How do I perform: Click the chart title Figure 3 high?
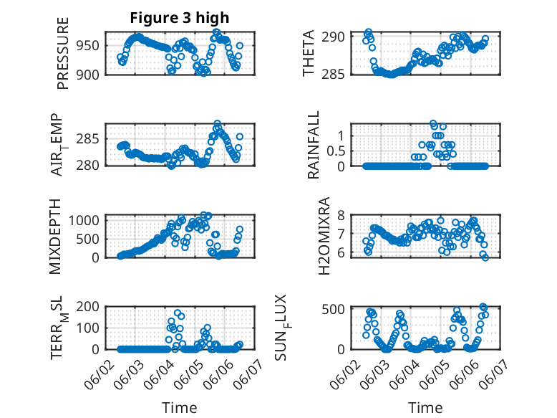(x=179, y=18)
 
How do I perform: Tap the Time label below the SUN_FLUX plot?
(x=425, y=408)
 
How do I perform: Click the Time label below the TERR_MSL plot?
(x=179, y=408)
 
